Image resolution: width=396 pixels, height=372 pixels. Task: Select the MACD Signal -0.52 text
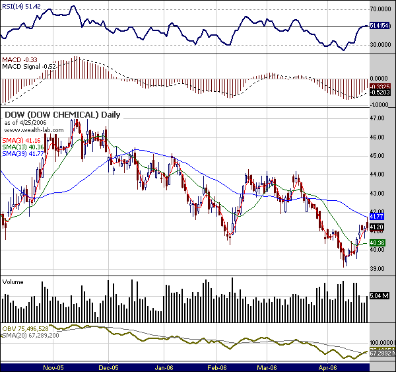coord(29,67)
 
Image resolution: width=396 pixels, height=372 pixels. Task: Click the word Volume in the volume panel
coord(14,281)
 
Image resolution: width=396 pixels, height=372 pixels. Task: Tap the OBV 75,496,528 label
coord(26,328)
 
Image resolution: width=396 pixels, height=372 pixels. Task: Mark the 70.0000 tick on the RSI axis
coord(379,10)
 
